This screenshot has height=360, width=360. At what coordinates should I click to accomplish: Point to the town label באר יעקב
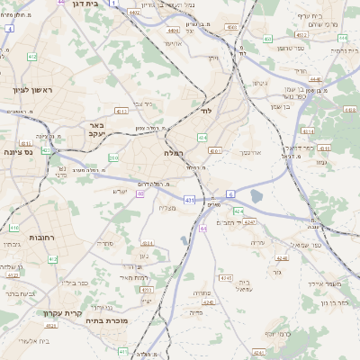coord(95,129)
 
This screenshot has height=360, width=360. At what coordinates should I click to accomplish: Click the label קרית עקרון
coord(62,313)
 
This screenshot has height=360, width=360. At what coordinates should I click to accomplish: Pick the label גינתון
coord(261,84)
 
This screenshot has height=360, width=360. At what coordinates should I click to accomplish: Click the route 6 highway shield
coord(231,193)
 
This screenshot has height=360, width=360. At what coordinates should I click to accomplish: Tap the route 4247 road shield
coord(249,221)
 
